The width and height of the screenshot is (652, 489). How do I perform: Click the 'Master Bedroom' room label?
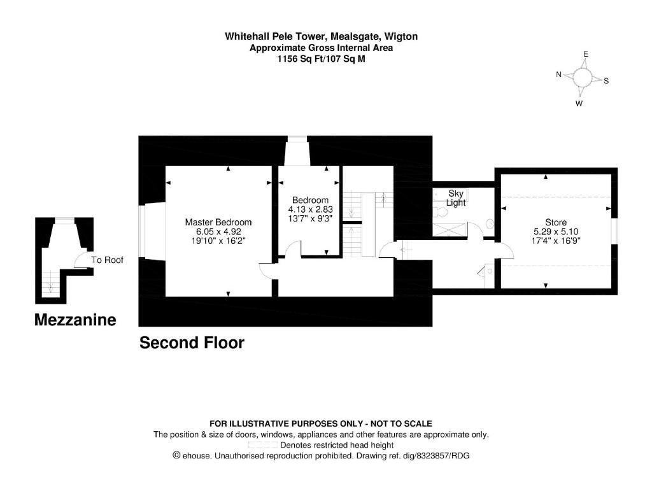[x=218, y=222]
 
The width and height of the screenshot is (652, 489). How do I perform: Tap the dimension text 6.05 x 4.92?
[x=218, y=232]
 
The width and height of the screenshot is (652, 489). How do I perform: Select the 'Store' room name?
[x=556, y=222]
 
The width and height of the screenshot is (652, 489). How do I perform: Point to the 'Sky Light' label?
[x=456, y=198]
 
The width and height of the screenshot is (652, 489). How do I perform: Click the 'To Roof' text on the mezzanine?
[x=107, y=260]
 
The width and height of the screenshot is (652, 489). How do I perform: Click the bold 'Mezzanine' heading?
[x=75, y=320]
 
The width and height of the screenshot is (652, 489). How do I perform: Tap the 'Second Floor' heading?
[x=192, y=343]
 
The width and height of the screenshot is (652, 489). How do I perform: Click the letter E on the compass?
[x=586, y=54]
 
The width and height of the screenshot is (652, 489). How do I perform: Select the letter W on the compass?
[x=579, y=104]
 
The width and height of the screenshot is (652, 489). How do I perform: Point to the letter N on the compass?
[x=559, y=74]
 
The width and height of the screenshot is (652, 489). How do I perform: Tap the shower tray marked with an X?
[x=450, y=230]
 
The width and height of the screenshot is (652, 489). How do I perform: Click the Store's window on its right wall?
[x=615, y=230]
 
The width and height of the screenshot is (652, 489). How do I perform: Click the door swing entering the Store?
[x=505, y=250]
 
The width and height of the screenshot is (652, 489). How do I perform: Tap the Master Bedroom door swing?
[x=268, y=271]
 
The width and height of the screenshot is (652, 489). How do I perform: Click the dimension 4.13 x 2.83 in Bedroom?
[x=310, y=209]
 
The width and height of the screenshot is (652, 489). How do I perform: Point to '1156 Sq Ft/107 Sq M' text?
[x=321, y=59]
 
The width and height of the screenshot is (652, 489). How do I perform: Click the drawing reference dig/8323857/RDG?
[x=436, y=456]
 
